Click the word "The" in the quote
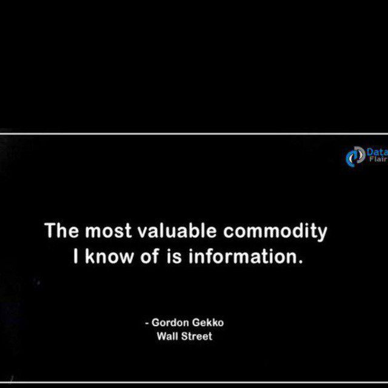(62, 230)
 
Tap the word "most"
(108, 231)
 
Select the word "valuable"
(177, 230)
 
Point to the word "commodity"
(275, 232)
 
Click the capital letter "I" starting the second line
(76, 256)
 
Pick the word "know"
(109, 256)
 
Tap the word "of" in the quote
(150, 256)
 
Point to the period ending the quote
(301, 262)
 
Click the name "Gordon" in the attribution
(170, 323)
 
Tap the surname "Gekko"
(208, 323)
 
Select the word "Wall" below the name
(167, 336)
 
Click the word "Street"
(196, 336)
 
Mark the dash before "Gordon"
(147, 323)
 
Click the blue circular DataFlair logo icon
(355, 156)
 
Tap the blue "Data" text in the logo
(377, 152)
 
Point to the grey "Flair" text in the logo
(378, 159)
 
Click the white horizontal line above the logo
(194, 134)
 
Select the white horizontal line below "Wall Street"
(194, 383)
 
